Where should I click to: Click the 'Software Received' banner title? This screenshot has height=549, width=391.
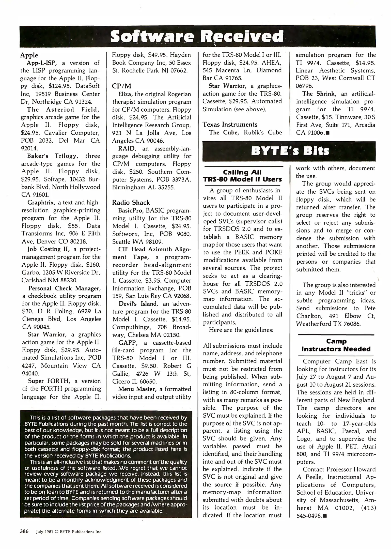click(x=197, y=36)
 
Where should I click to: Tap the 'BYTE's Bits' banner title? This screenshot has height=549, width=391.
click(x=290, y=151)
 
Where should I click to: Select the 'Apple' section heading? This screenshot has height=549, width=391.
click(x=29, y=55)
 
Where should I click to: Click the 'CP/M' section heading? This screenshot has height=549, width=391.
click(x=121, y=86)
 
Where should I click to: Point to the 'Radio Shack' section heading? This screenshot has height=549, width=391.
click(x=131, y=203)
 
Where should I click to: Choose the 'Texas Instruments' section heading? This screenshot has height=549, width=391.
click(x=230, y=125)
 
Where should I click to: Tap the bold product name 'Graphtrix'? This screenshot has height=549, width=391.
click(x=41, y=203)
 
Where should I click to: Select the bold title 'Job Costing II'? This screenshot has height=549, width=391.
click(x=47, y=249)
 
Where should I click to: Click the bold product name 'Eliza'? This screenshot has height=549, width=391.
click(x=125, y=94)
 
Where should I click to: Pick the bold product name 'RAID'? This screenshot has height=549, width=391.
click(x=126, y=148)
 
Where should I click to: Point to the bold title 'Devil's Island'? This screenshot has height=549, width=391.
click(x=138, y=304)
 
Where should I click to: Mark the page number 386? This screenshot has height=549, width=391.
click(x=24, y=531)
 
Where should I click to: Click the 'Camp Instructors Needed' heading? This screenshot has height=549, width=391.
click(x=336, y=345)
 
